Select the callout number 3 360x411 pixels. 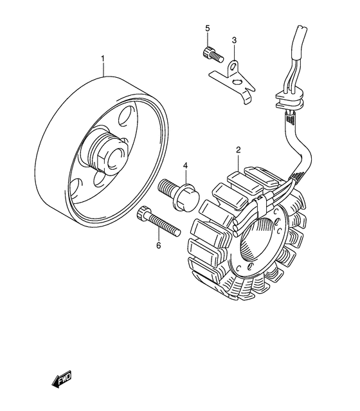235,40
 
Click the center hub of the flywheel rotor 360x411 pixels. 109,154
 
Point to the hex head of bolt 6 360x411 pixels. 143,215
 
